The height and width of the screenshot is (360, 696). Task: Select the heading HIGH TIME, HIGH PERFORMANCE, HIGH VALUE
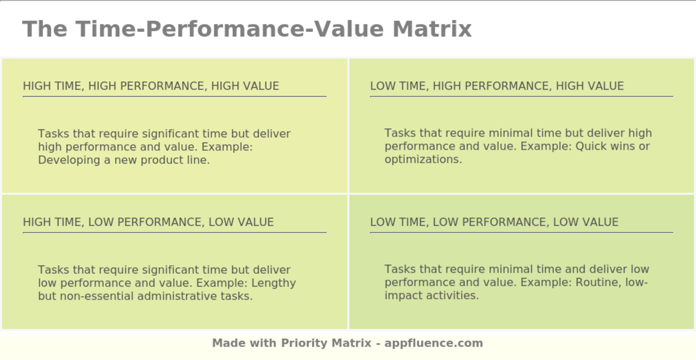151,86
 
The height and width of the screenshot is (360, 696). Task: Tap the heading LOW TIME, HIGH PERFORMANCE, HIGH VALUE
497,86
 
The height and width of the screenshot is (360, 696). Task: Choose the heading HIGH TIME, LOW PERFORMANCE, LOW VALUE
148,222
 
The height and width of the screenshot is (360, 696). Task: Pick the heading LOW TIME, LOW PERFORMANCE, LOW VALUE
494,222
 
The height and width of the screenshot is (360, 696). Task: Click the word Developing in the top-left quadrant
69,160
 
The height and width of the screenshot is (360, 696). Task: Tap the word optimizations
423,160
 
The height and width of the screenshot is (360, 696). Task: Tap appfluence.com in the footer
434,343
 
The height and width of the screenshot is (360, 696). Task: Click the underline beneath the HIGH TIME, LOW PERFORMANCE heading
174,232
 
